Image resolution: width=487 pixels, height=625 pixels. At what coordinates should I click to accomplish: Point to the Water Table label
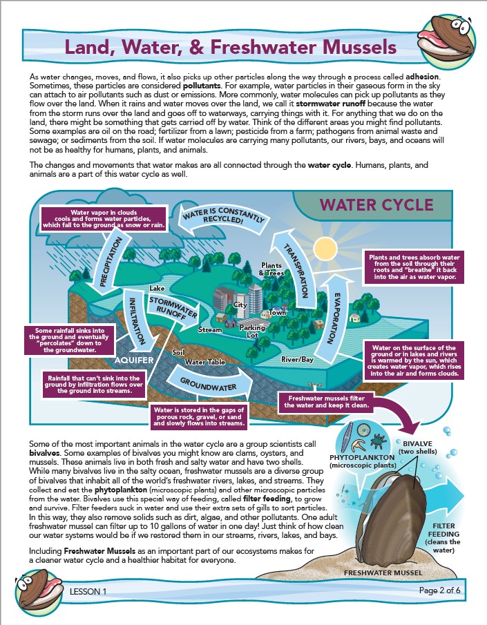click(202, 362)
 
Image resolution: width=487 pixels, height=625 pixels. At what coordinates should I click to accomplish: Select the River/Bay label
click(297, 360)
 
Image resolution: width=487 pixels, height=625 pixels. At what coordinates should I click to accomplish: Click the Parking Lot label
click(256, 331)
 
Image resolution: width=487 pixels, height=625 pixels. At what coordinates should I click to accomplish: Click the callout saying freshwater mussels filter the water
click(328, 403)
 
